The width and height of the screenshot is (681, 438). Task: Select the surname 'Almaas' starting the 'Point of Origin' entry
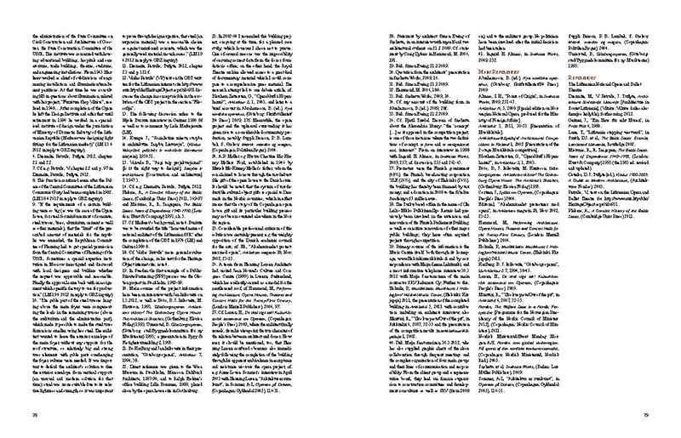click(x=458, y=99)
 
